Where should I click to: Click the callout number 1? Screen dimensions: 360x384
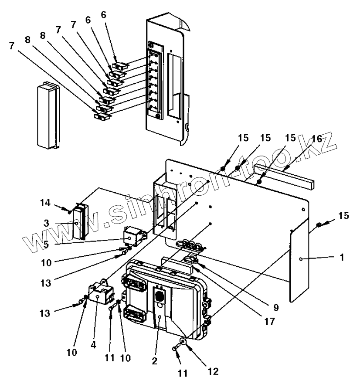pyautogui.click(x=342, y=258)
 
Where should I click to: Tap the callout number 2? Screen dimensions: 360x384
pyautogui.click(x=154, y=361)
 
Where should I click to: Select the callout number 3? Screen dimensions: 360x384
pyautogui.click(x=46, y=223)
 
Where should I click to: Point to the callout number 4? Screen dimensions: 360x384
pyautogui.click(x=93, y=345)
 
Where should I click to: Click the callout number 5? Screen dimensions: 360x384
pyautogui.click(x=46, y=244)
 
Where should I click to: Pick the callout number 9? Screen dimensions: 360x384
pyautogui.click(x=276, y=308)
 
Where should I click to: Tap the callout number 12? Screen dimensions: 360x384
pyautogui.click(x=213, y=371)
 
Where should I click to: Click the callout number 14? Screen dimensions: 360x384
pyautogui.click(x=45, y=203)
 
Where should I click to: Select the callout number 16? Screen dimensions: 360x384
pyautogui.click(x=317, y=139)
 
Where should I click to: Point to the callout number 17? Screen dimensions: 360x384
pyautogui.click(x=270, y=321)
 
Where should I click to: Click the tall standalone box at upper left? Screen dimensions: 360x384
pyautogui.click(x=48, y=115)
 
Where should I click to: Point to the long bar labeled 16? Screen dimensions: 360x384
pyautogui.click(x=284, y=177)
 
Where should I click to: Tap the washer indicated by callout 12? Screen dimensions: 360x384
pyautogui.click(x=183, y=340)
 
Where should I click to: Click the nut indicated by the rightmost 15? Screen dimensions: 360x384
pyautogui.click(x=319, y=224)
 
